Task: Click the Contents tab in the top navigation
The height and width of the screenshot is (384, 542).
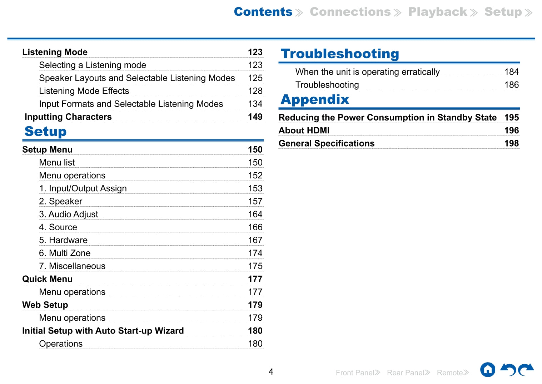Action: (263, 12)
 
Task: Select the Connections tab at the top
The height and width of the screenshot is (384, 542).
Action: (350, 12)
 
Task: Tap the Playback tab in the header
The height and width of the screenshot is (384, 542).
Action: (438, 12)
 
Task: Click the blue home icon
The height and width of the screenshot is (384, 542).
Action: (488, 370)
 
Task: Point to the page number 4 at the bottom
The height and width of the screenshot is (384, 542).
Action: (271, 372)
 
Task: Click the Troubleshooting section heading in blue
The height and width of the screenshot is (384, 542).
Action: (340, 54)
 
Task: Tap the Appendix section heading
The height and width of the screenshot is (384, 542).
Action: (315, 99)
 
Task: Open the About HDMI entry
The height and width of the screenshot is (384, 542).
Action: (304, 131)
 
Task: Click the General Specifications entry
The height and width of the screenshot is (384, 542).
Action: (327, 143)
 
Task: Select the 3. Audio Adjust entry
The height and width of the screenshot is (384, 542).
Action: (69, 214)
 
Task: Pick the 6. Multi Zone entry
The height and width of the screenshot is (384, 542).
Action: (65, 253)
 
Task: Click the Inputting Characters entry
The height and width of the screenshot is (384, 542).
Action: (68, 117)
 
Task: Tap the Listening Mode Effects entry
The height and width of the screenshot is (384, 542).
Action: (84, 91)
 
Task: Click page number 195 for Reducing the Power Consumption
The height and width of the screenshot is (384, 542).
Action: (511, 118)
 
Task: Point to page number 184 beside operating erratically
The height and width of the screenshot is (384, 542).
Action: (511, 72)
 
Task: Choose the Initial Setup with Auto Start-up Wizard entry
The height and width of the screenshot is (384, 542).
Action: (103, 331)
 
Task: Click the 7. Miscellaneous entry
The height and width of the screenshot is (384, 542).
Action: (72, 266)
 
